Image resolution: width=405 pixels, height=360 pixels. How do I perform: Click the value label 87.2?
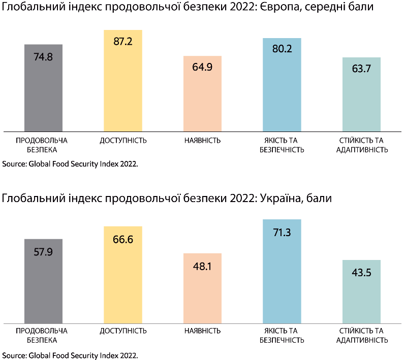[x=123, y=42]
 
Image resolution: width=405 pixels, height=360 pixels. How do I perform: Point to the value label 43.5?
[x=361, y=273]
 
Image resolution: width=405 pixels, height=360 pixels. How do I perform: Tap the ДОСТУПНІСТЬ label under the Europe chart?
[x=123, y=140]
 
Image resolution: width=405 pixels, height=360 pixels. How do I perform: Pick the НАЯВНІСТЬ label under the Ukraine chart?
[x=202, y=331]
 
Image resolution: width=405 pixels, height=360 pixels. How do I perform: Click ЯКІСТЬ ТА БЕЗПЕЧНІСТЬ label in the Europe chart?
[x=282, y=145]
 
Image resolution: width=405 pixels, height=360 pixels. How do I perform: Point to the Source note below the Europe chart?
[x=70, y=164]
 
